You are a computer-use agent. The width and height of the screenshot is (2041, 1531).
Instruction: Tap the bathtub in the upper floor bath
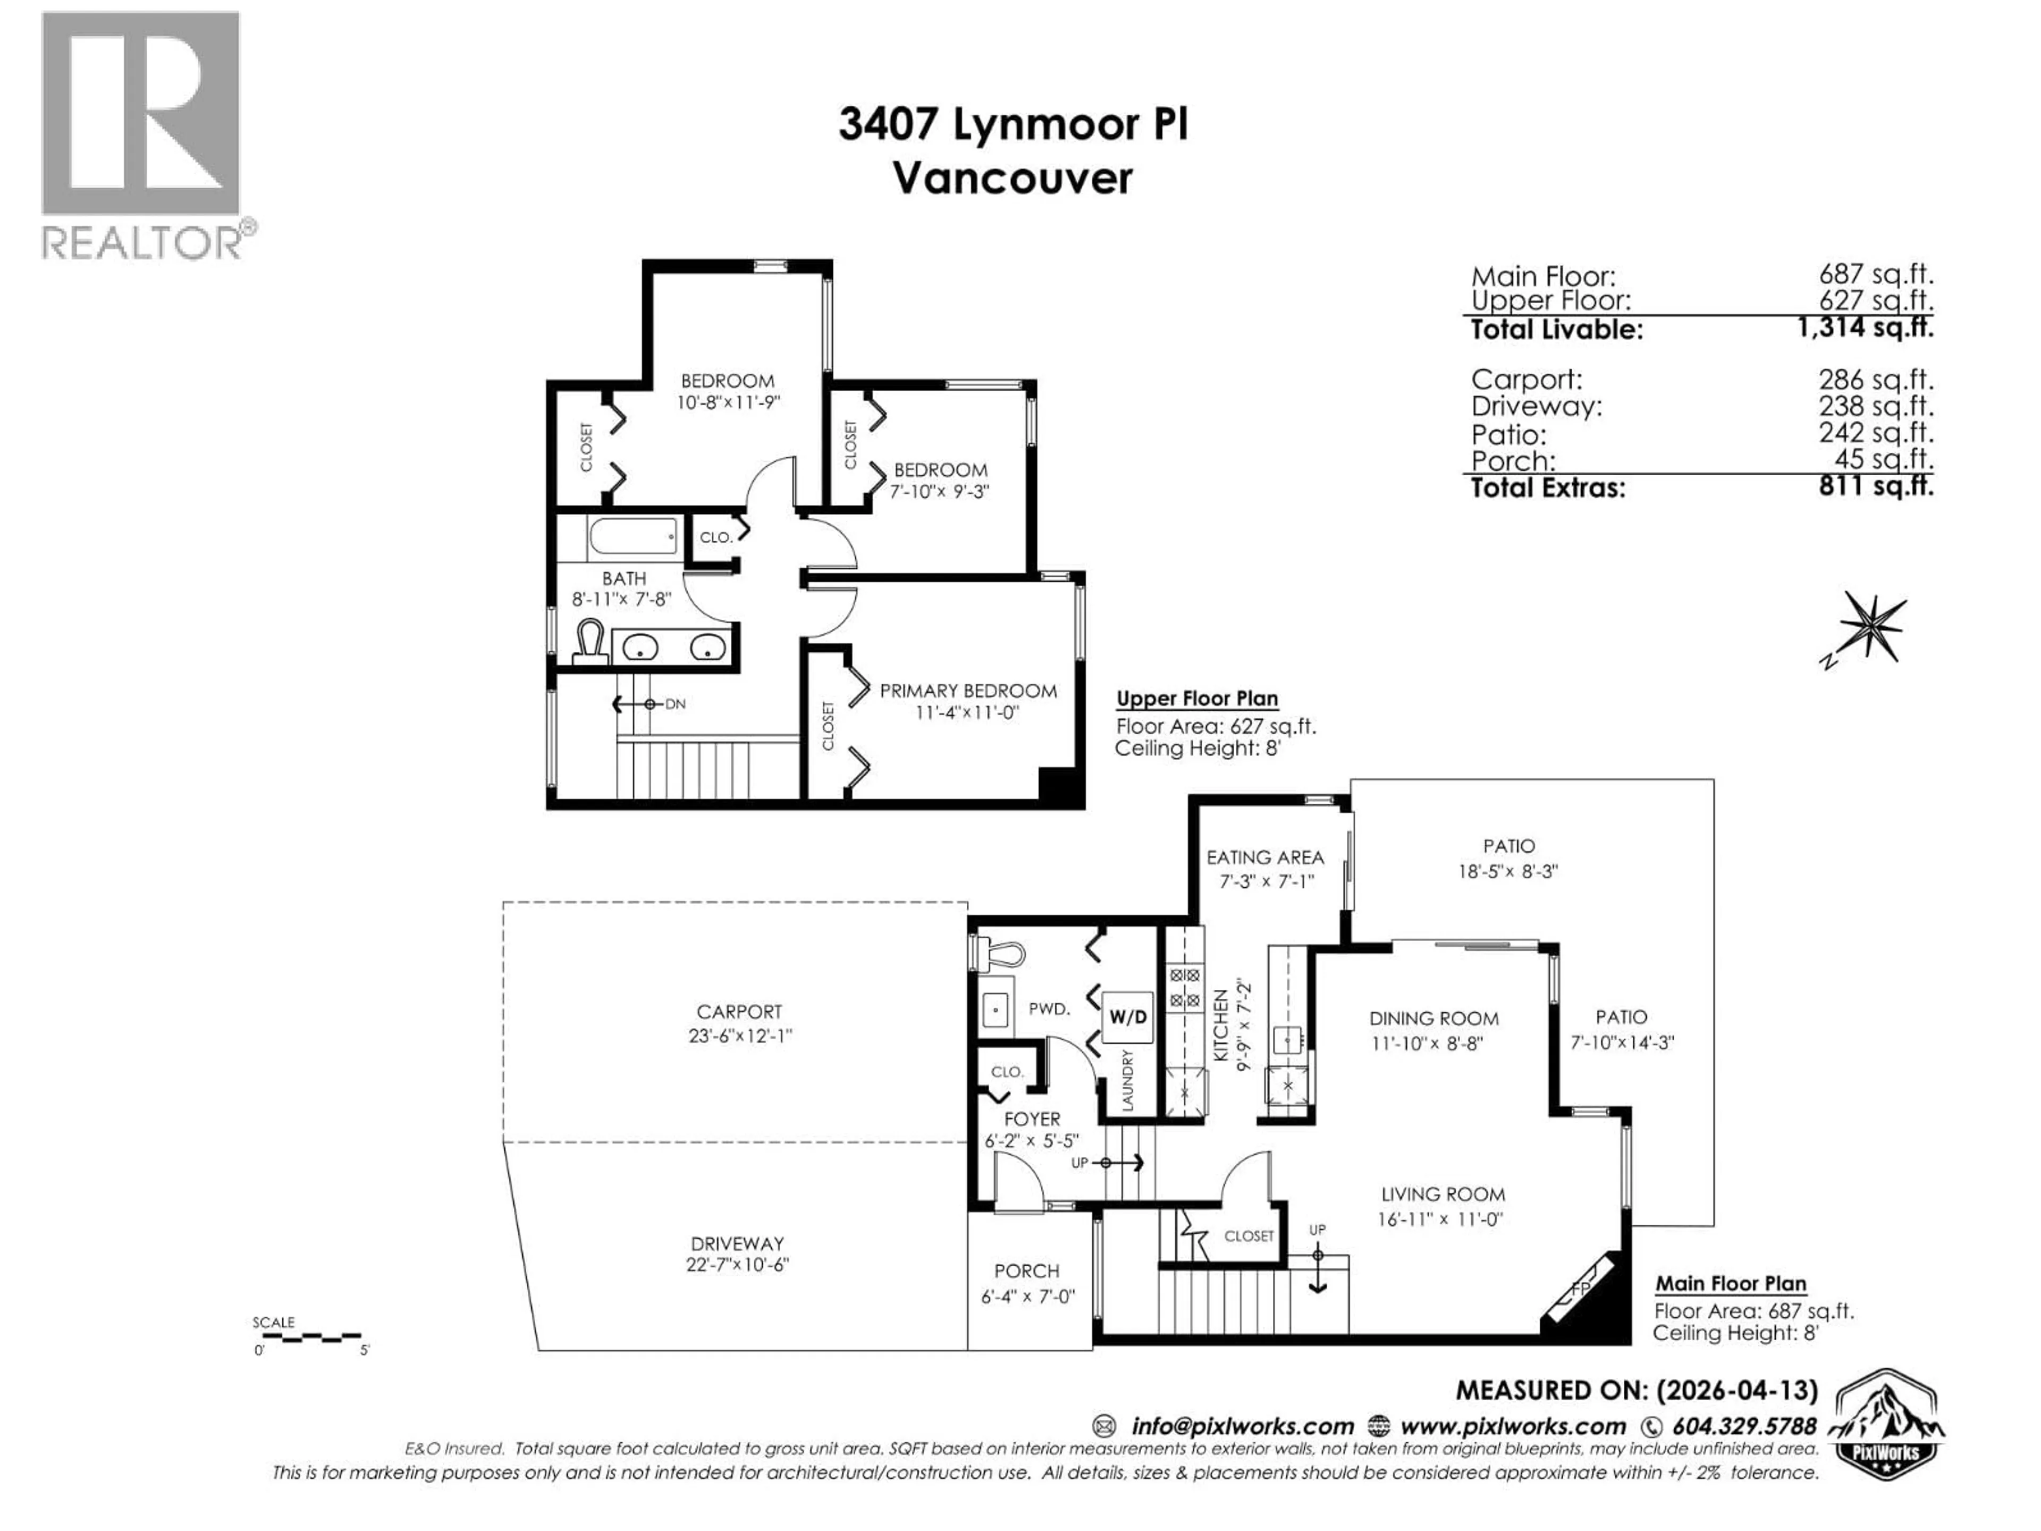click(x=634, y=537)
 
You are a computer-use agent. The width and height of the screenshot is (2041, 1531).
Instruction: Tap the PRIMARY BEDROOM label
click(x=968, y=691)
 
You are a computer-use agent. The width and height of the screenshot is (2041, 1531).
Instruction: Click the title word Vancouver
click(x=1012, y=179)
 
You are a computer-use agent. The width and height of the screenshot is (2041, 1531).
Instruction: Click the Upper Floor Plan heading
click(x=1197, y=699)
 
